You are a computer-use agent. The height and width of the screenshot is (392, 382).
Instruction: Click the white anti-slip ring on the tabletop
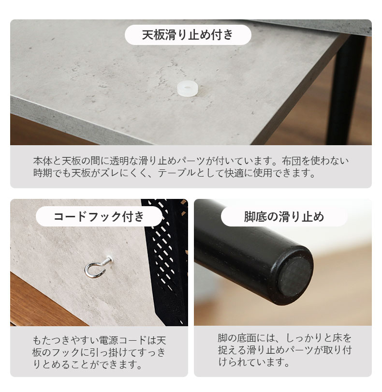click(188, 88)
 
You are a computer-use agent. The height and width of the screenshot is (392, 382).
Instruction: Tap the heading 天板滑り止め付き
click(188, 35)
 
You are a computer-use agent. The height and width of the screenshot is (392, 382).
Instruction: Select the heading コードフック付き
click(99, 216)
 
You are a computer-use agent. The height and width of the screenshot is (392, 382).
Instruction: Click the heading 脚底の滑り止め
click(284, 216)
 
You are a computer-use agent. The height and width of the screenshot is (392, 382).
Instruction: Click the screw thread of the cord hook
click(109, 260)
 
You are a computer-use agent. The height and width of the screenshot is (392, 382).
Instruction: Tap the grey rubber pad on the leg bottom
click(295, 276)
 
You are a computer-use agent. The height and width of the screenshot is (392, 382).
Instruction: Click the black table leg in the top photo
click(346, 90)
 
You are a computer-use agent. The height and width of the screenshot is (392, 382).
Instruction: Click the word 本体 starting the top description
click(43, 161)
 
